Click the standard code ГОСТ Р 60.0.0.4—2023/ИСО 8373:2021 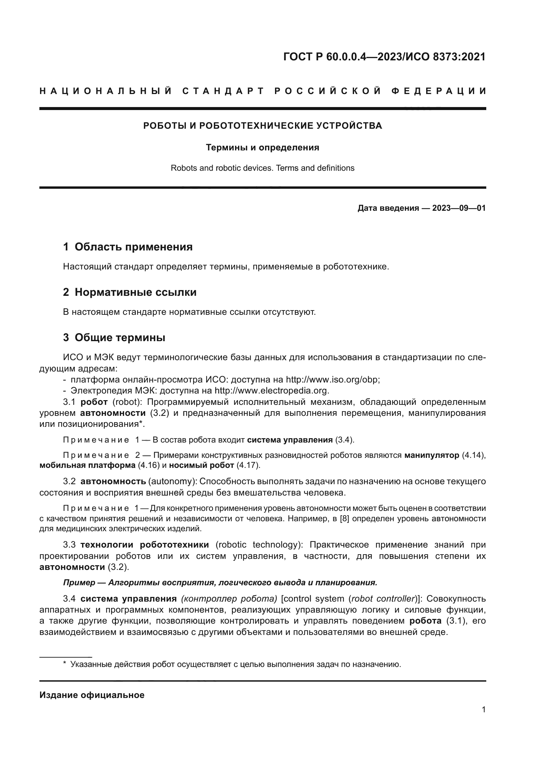pos(384,57)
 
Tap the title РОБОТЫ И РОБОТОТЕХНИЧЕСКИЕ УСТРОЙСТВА pos(262,126)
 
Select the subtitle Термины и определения pos(262,147)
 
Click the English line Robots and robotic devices pos(262,168)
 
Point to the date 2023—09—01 pos(459,208)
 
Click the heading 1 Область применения pos(128,247)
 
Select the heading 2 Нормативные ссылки pos(130,292)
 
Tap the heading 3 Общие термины pos(114,338)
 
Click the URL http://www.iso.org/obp pos(332,379)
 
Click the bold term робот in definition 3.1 pos(94,402)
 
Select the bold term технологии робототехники pos(145,545)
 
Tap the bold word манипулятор pos(431,455)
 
